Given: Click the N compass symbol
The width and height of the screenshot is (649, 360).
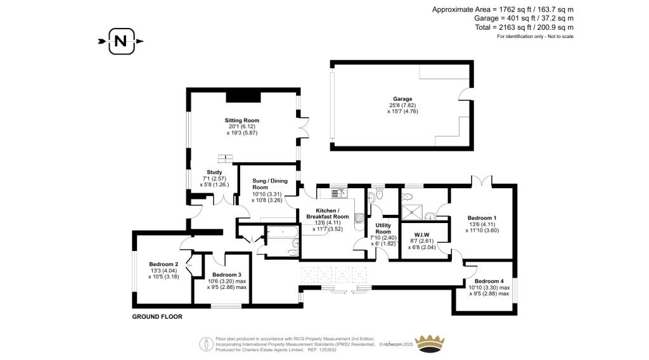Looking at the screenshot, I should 120,42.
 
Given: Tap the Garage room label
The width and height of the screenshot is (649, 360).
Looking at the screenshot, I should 402,99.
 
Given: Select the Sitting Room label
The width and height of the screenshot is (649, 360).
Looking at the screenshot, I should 241,120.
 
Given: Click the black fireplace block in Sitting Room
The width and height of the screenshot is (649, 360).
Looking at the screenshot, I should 244,95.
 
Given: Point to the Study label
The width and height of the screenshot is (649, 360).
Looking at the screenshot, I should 215,172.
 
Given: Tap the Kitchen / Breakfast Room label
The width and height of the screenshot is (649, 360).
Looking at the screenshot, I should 327,214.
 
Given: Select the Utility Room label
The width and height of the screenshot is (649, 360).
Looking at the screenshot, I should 383,228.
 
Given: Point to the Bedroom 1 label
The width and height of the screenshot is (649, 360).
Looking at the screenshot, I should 482,218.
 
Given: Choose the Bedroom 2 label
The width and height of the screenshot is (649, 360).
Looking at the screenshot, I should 164,264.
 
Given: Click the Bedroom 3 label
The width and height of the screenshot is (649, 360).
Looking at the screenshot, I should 227,274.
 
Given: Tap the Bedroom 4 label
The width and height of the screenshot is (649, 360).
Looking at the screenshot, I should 489,281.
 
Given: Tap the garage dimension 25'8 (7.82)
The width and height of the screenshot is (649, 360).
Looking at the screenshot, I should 402,105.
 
